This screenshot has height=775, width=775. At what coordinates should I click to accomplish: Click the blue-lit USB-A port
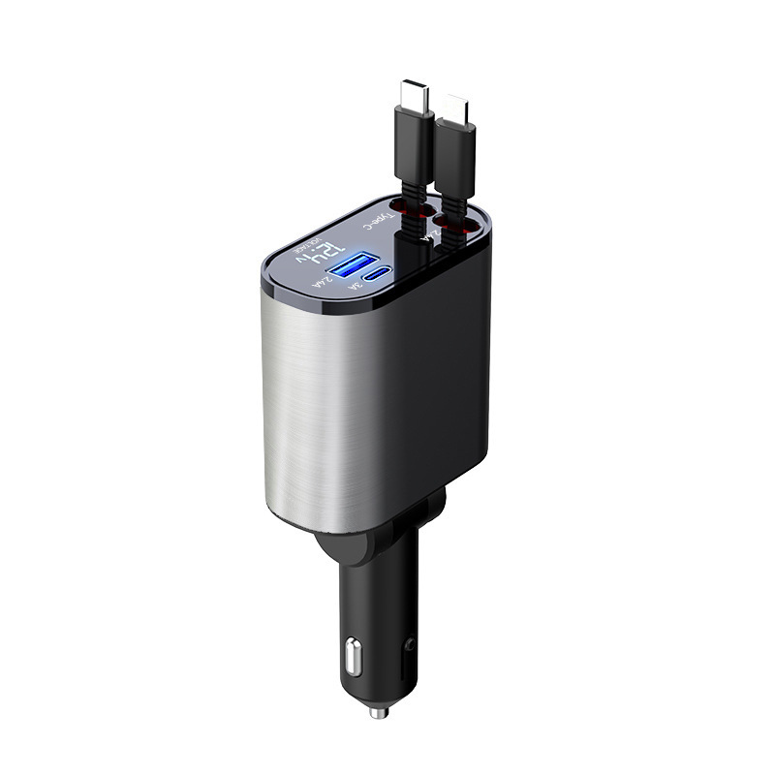[x=351, y=265]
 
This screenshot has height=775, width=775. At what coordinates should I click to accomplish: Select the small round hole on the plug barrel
[x=411, y=643]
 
